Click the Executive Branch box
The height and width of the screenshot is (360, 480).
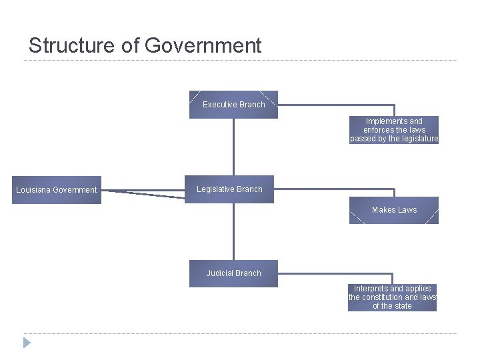pos(233,105)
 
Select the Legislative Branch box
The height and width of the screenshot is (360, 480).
pos(230,189)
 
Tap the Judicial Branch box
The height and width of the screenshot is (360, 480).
pos(233,273)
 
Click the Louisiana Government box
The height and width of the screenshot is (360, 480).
pos(57,190)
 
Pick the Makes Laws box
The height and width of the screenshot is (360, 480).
pos(394,210)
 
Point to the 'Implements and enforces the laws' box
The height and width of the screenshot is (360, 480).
pos(394,130)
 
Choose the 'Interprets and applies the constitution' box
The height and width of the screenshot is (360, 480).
pos(392,297)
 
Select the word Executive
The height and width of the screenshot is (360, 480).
pos(219,105)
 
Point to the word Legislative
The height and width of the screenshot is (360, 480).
pos(215,189)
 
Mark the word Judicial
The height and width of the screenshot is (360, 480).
pos(220,273)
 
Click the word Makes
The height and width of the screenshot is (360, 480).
pos(383,210)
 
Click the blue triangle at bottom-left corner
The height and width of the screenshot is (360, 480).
pos(27,343)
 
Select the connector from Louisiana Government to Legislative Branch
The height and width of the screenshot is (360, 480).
pos(143,193)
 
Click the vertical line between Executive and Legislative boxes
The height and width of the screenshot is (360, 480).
pos(234,147)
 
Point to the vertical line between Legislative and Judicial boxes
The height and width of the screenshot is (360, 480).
pos(234,231)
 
